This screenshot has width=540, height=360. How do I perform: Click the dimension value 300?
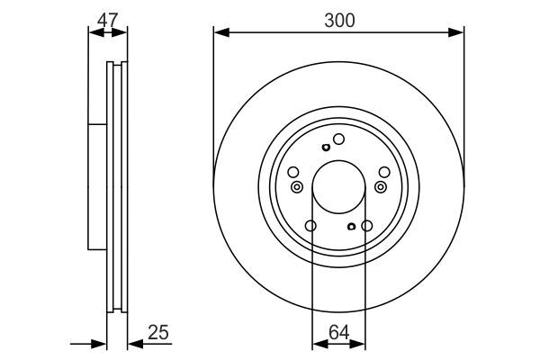click(339, 21)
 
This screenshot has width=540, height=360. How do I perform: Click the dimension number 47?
click(107, 20)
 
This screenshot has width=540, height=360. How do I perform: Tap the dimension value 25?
click(158, 332)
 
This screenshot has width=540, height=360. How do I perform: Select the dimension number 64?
click(339, 332)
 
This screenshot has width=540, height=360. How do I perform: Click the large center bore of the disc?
click(338, 186)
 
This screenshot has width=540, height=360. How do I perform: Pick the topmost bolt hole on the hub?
click(338, 139)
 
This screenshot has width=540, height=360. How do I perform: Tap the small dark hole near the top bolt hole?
click(326, 148)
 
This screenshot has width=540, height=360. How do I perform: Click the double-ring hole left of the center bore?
click(296, 187)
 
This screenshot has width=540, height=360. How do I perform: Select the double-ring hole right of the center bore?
click(381, 187)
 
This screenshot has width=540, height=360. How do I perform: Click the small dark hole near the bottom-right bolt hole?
click(351, 226)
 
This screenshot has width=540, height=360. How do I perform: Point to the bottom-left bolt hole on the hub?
click(310, 226)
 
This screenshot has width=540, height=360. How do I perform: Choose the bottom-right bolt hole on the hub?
click(367, 226)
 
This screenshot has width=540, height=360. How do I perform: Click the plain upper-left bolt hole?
click(293, 172)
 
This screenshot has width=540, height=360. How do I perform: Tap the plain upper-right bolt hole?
click(384, 172)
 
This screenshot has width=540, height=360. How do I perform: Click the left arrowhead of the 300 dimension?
click(221, 32)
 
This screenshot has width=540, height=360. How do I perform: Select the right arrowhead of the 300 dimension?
click(456, 32)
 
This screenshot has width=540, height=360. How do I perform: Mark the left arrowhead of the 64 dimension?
click(319, 344)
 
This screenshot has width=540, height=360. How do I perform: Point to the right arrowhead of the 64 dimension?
click(357, 344)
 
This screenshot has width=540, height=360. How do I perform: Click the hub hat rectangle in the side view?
click(97, 186)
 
